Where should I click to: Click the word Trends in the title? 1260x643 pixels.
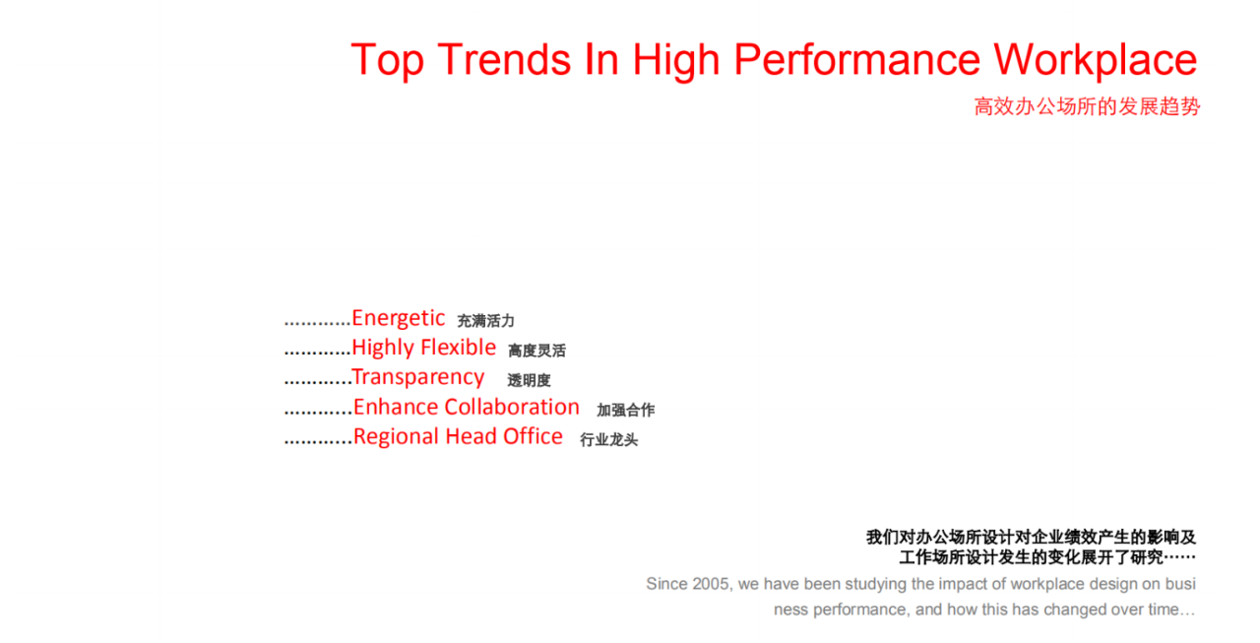pos(504,59)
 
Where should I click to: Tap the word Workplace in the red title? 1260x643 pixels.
pos(1096,60)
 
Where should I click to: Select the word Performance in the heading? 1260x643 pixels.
pos(857,60)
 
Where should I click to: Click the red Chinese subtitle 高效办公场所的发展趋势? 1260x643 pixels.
pos(1087,106)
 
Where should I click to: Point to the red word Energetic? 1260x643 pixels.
pos(399,318)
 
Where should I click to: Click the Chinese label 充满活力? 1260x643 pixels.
pos(486,321)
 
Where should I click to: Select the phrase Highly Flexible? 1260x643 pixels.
pos(424,348)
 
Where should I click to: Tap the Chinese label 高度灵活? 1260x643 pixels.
pos(536,351)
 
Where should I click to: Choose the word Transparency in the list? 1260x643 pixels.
pos(417,377)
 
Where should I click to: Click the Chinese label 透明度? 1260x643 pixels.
pos(529,381)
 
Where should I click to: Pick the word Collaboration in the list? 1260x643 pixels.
pos(512,407)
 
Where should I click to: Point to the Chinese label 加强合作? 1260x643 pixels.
pos(625,410)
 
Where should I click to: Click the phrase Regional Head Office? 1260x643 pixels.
pos(458,436)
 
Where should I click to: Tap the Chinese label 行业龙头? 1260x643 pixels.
pos(608,440)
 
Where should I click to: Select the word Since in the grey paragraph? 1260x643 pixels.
pos(667,584)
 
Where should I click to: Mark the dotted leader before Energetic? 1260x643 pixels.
pos(318,324)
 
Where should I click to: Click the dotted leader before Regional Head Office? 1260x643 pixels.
pos(318,443)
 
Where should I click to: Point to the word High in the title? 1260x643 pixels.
pos(676,60)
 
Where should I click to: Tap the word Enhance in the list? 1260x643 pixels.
pos(396,407)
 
